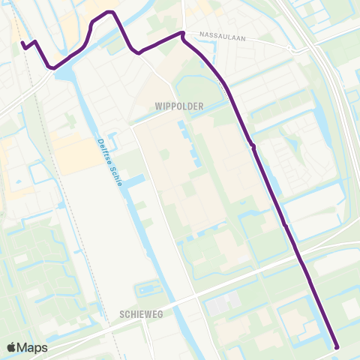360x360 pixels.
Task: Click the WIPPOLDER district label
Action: [179, 107]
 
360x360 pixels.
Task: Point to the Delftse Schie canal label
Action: [109, 160]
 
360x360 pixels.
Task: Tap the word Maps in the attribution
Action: [33, 347]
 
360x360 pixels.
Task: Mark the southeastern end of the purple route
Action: [336, 346]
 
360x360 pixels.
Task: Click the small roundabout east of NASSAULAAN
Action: [297, 51]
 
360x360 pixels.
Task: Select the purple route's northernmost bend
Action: [109, 13]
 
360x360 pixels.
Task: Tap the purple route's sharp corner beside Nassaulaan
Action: [182, 33]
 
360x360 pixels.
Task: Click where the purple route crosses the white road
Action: [300, 260]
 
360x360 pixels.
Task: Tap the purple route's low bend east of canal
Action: [136, 52]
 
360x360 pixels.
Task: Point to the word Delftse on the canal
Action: [103, 149]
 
